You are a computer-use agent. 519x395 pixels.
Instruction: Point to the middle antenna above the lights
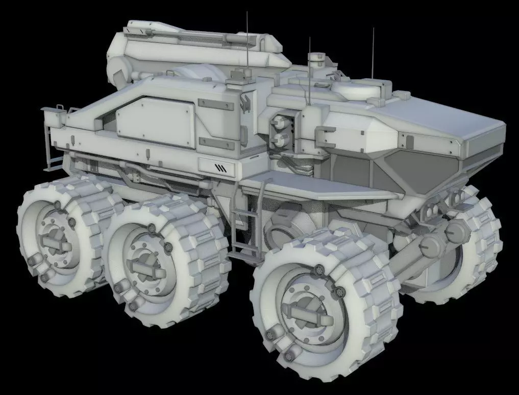(309, 72)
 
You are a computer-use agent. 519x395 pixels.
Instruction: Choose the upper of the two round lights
(279, 121)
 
